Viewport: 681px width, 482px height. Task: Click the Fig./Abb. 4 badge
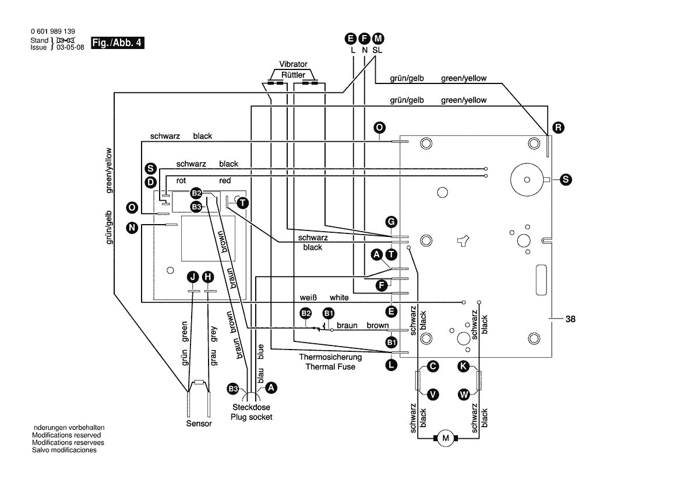point(117,43)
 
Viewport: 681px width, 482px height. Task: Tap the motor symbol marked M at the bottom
point(446,438)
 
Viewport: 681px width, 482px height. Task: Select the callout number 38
point(570,319)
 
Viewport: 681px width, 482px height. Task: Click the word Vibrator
point(293,64)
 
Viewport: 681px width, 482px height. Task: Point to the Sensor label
point(199,424)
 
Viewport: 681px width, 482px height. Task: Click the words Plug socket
point(251,417)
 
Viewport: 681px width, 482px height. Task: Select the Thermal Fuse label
point(330,366)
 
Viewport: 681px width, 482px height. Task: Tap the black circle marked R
point(559,127)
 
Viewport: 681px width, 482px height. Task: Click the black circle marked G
point(391,222)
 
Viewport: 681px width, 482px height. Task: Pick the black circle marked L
point(391,365)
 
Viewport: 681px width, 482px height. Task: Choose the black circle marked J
point(193,277)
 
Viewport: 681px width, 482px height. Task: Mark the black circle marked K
point(463,366)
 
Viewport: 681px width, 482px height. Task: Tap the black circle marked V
point(433,394)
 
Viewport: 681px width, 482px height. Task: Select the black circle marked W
point(464,394)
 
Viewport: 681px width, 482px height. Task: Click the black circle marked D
point(150,181)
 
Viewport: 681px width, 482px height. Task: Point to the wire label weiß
point(308,298)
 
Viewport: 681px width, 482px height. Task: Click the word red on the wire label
point(225,181)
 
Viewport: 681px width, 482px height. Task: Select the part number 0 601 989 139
point(52,32)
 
